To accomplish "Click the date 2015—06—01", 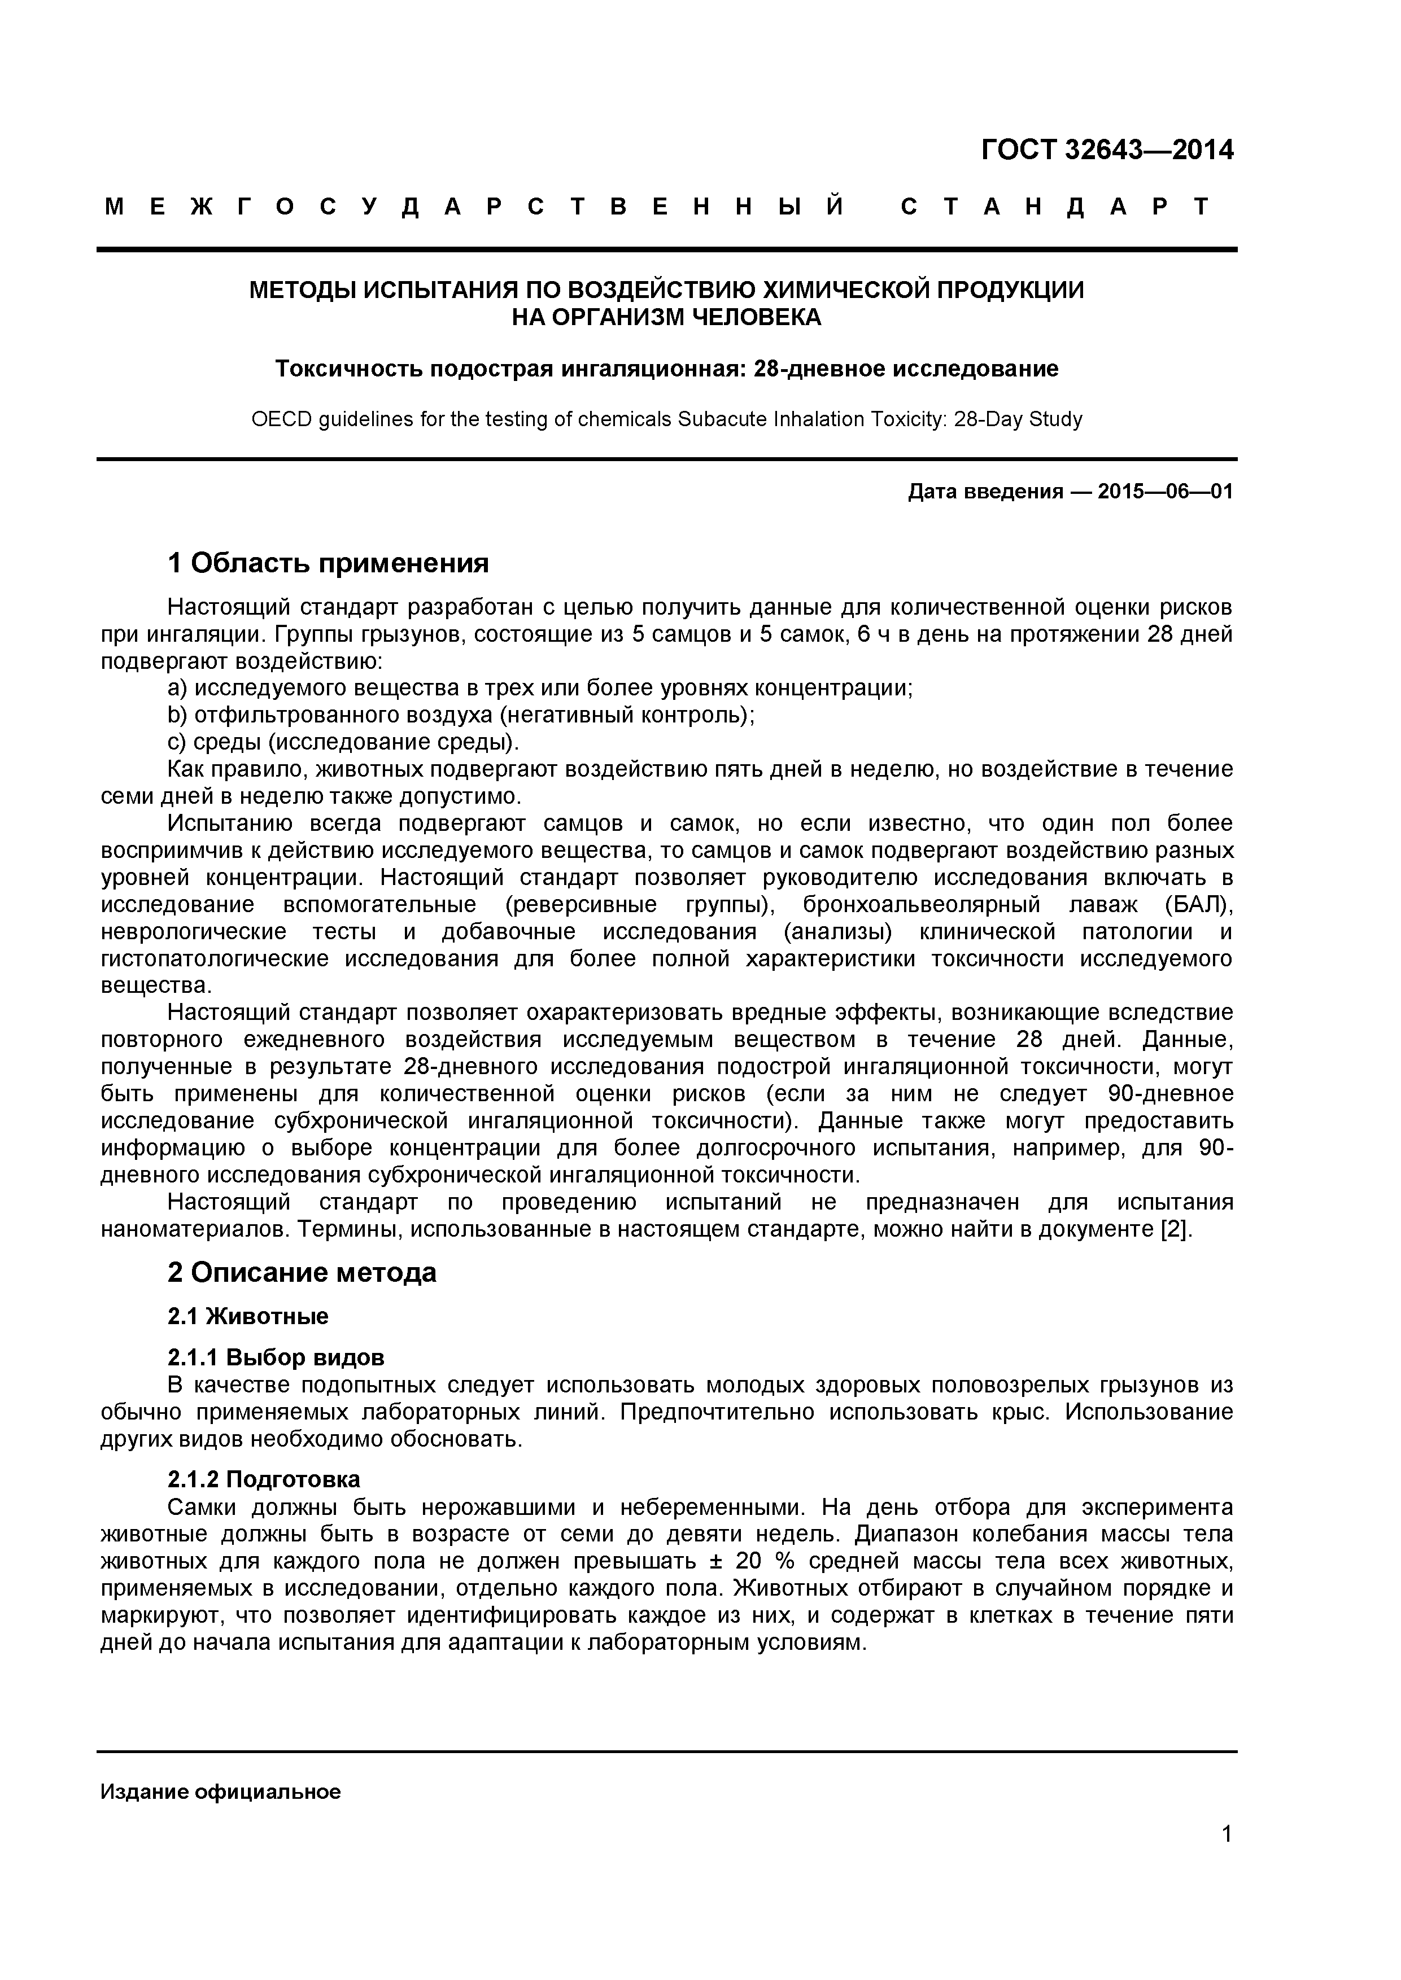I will click(1164, 492).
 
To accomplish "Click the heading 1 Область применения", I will click(328, 563).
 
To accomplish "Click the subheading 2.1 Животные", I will click(247, 1316).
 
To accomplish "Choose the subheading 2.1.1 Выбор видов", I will click(275, 1357).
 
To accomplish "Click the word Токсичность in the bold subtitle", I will click(348, 369).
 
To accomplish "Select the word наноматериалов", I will click(196, 1229).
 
